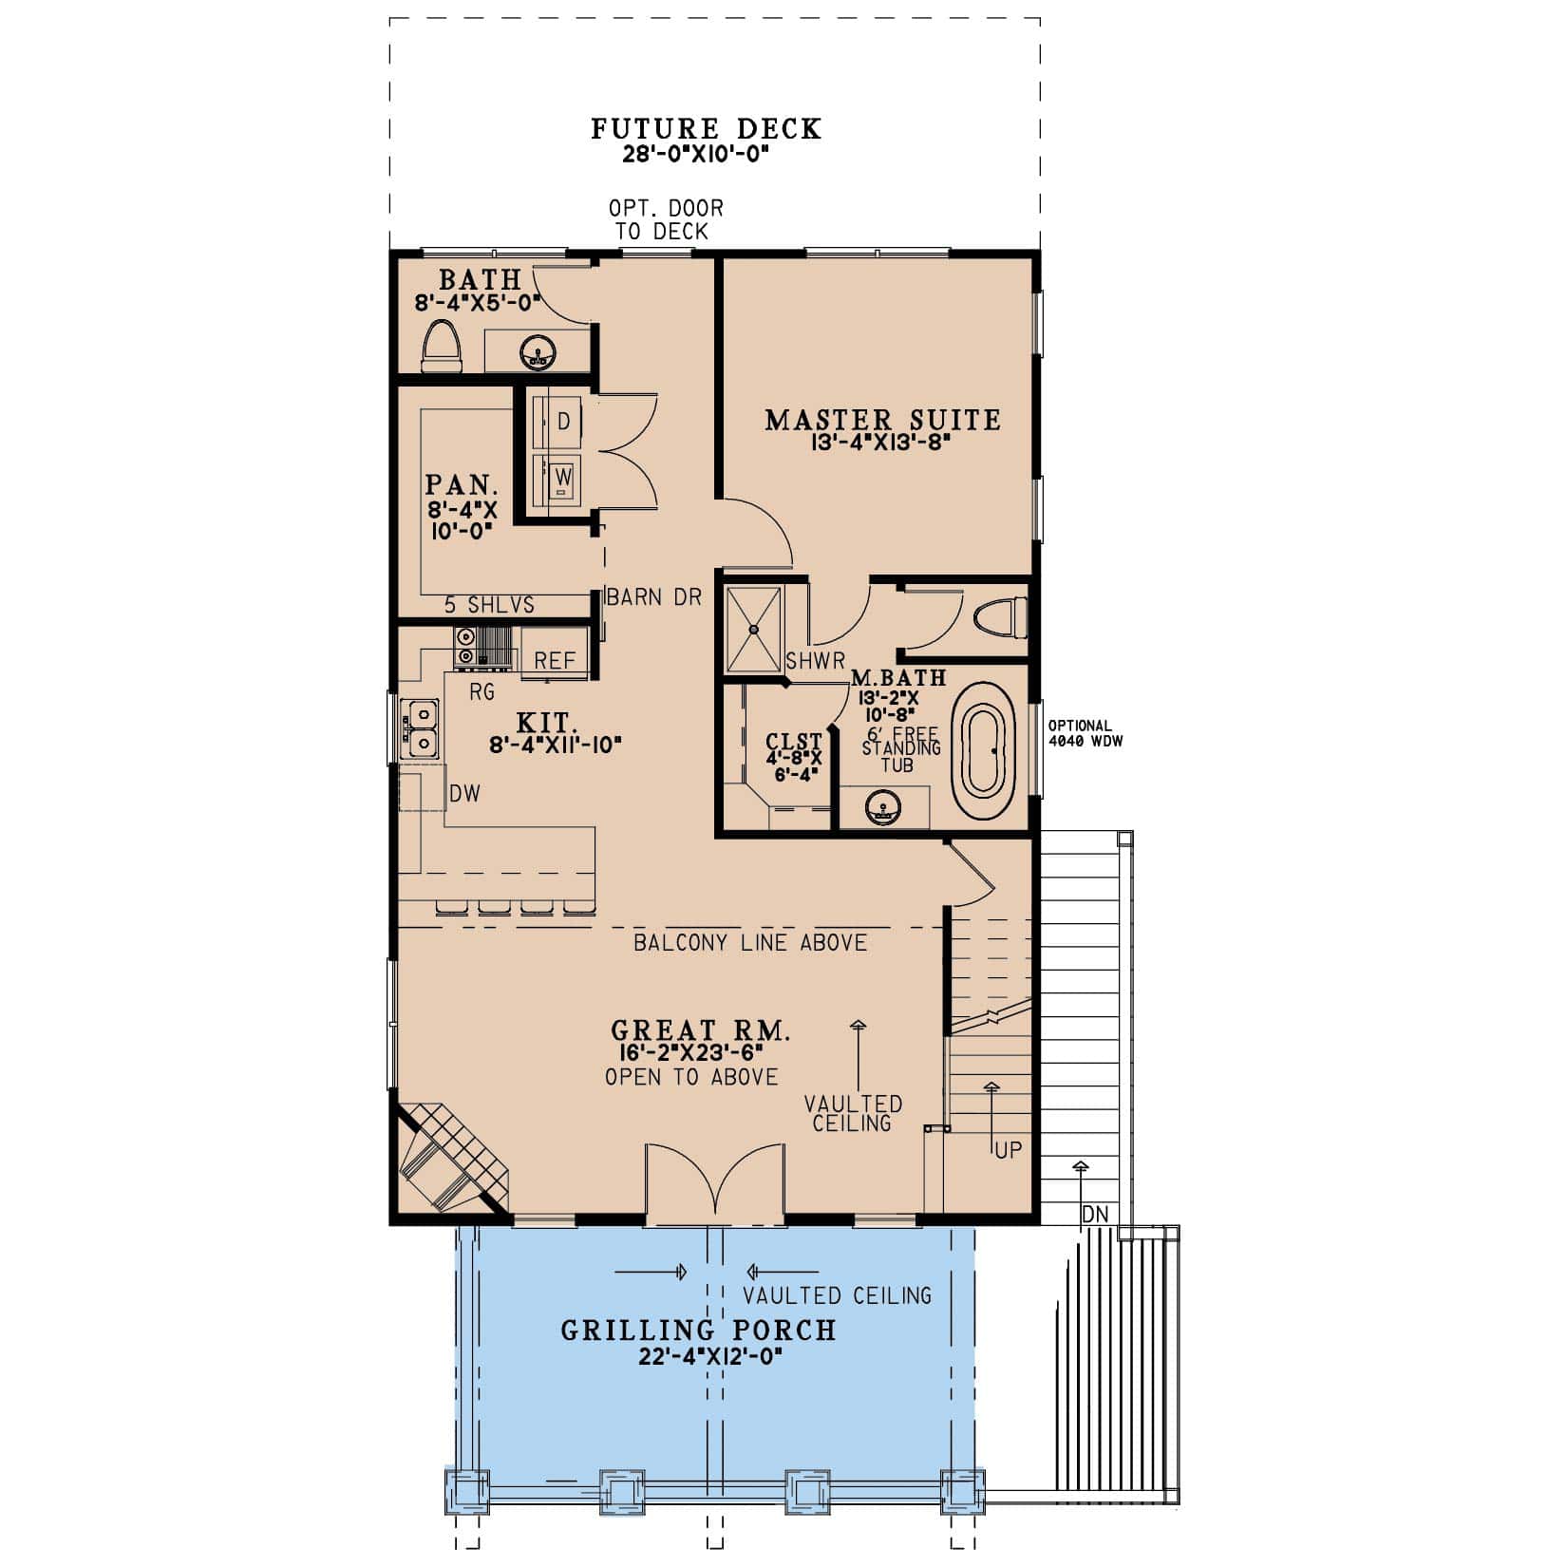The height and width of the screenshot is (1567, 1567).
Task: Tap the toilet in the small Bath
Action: click(441, 346)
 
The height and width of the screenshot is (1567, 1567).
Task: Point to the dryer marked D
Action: click(562, 422)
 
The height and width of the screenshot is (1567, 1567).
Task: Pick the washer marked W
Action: click(562, 476)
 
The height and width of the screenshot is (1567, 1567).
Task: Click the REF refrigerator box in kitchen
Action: click(555, 660)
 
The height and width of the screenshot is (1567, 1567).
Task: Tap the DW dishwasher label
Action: click(464, 794)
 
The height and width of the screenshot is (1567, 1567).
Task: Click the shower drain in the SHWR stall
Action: click(754, 628)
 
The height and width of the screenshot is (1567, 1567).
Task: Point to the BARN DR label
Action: click(654, 597)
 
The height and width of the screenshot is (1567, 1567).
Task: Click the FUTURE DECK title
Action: click(706, 129)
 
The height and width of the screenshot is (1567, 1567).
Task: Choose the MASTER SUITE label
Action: click(882, 420)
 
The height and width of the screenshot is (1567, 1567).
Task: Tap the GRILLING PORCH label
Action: click(698, 1330)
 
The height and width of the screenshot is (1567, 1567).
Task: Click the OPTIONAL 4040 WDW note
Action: click(1085, 733)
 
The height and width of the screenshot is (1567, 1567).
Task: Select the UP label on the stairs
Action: click(1008, 1150)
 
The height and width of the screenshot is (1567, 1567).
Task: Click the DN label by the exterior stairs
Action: click(1093, 1214)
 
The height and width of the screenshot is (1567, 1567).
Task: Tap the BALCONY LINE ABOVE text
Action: click(750, 943)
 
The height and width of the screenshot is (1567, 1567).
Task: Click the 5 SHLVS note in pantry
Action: click(489, 605)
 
